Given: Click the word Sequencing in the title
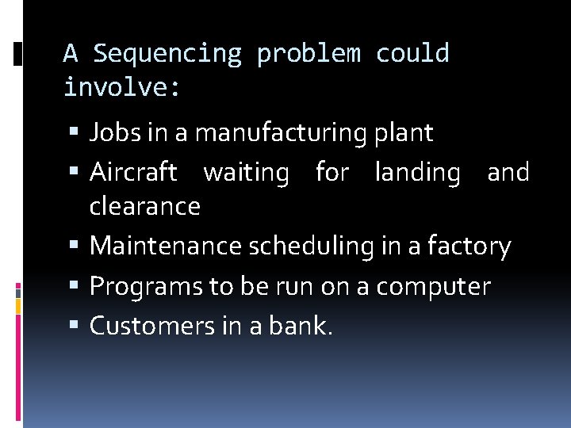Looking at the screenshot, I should coord(167,54).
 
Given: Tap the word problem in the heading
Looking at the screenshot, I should coord(308,54).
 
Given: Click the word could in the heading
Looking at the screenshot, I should coord(412,54).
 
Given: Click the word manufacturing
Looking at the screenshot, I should coord(283,133).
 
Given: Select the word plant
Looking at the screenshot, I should coord(405,133).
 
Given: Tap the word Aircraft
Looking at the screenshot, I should coord(133,172).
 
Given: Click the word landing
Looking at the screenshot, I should coord(417,172).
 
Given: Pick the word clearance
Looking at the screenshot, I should coord(144,206).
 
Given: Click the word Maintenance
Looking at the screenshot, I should coord(166,246).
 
